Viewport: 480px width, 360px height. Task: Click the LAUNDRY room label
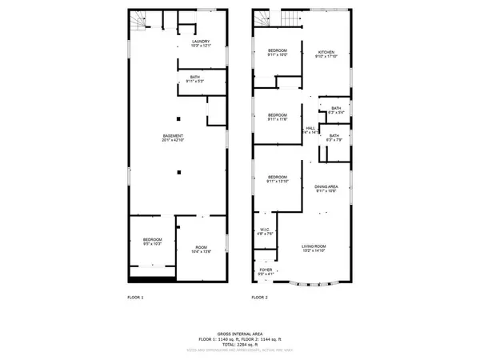click(x=200, y=42)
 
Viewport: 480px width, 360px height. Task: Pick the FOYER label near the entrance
click(x=266, y=270)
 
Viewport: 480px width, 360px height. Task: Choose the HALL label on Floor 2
click(x=310, y=130)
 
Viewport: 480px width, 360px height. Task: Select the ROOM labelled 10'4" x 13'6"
click(x=200, y=250)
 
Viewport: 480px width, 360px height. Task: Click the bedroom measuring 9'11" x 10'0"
click(x=278, y=53)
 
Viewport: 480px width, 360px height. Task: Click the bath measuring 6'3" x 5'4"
click(x=335, y=110)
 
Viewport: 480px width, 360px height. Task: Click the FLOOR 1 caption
click(x=135, y=298)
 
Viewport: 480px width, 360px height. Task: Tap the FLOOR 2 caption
click(x=260, y=298)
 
